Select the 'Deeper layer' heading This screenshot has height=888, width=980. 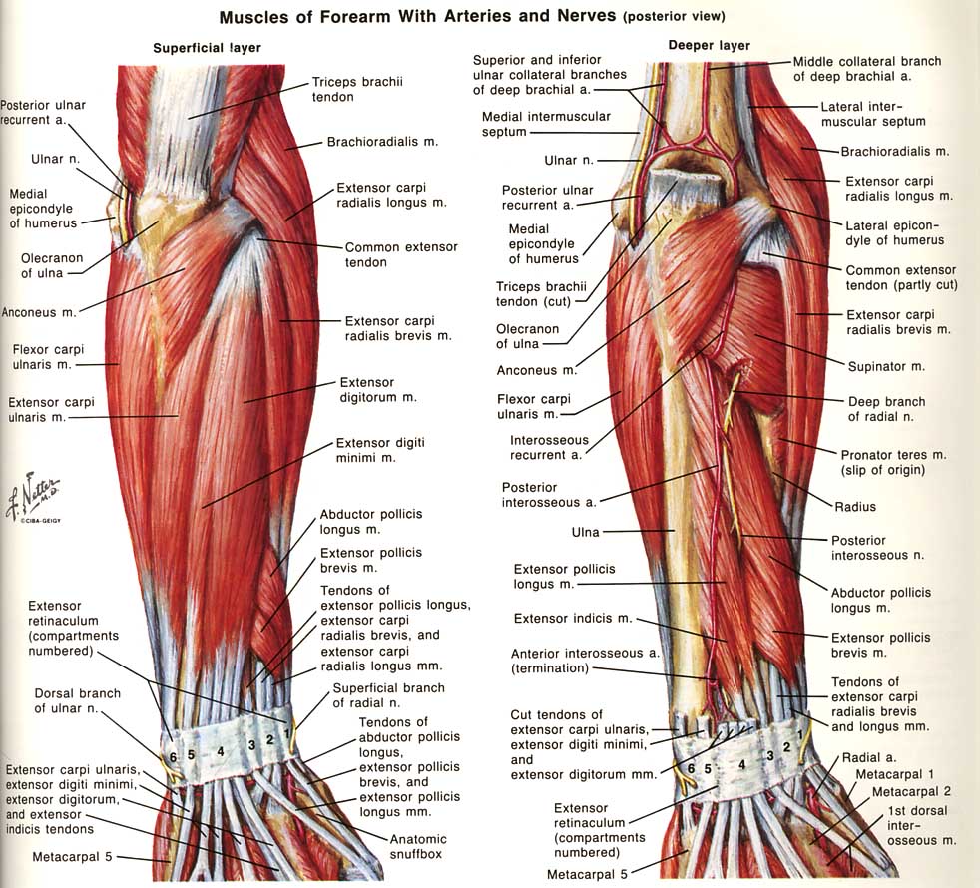tap(709, 46)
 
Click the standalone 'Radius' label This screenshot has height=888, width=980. tap(855, 507)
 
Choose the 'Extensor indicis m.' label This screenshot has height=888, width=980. tap(573, 619)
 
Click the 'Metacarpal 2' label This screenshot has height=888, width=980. tap(911, 791)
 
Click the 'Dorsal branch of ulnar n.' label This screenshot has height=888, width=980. tap(77, 701)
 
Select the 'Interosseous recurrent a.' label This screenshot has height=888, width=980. tap(549, 448)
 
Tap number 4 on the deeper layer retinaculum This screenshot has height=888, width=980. tap(741, 764)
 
